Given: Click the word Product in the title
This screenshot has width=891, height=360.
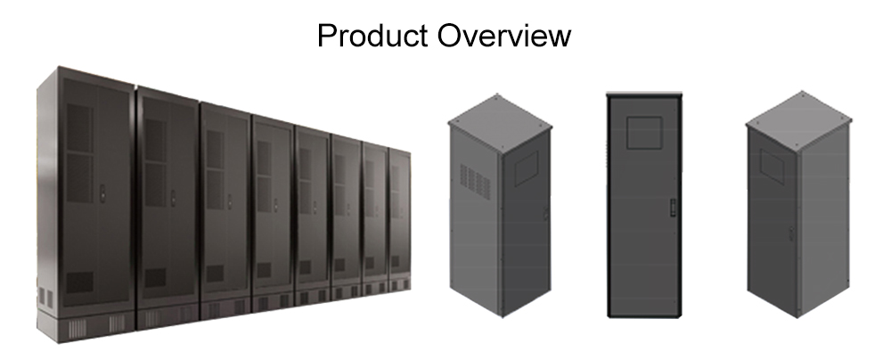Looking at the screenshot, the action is point(372,36).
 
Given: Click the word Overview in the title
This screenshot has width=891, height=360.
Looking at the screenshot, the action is point(504,36).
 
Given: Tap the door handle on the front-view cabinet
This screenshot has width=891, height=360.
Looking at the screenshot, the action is point(672,207).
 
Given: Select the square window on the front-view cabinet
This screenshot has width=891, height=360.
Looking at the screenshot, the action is point(644,133).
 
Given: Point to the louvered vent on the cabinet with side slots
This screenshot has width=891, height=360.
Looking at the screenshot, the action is point(475,182).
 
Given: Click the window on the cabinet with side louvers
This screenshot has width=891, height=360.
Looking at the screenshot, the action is point(527,168).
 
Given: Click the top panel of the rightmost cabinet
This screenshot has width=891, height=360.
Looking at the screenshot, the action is point(798,119).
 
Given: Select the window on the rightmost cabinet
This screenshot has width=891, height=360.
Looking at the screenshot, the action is point(772,166).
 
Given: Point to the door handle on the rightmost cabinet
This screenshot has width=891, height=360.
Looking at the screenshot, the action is point(791,233).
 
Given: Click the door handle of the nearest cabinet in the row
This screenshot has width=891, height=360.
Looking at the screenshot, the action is point(102,192).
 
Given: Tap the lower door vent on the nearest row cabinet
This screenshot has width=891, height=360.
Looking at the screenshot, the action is point(79,282).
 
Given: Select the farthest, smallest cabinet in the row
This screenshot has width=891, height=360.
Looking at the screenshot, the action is point(400,220).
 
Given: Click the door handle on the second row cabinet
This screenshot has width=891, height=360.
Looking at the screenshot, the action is point(173,197).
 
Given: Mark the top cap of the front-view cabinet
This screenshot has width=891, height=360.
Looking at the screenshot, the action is point(644,94).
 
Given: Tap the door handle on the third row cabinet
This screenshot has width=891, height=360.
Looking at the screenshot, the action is point(230,201).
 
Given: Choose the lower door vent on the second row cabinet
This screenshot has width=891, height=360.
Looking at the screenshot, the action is point(154,277).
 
